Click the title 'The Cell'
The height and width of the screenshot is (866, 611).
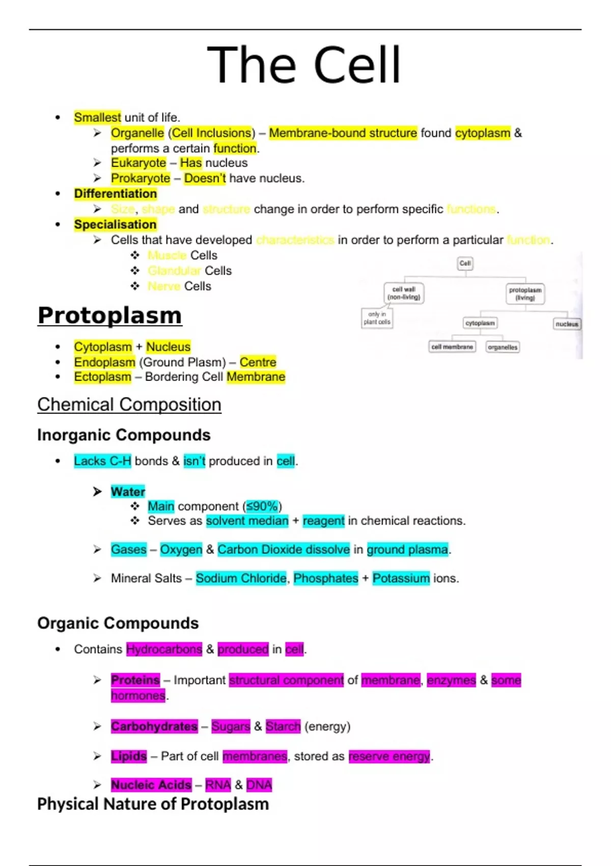304,65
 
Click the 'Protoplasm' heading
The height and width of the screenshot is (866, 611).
109,315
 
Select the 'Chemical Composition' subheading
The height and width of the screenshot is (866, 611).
129,404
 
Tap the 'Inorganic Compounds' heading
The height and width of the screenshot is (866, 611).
124,435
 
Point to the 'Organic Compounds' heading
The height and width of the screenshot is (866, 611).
118,623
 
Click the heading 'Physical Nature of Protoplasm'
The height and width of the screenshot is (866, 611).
153,804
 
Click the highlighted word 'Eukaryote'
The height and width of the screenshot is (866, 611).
138,163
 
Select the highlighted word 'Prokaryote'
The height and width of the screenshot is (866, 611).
141,178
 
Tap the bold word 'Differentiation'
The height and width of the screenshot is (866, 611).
115,194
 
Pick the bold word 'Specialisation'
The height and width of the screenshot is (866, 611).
115,225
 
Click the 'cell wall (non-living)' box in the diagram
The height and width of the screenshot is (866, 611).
404,293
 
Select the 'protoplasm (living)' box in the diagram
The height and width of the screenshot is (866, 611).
525,294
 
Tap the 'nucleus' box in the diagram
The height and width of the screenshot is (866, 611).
567,324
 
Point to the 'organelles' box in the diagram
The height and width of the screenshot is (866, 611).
503,347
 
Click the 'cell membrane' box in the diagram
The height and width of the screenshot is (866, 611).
452,347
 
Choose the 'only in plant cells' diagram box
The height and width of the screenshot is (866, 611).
377,318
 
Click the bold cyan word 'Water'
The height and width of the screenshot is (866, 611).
128,492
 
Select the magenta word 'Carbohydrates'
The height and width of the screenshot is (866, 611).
154,726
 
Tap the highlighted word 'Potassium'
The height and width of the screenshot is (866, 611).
401,578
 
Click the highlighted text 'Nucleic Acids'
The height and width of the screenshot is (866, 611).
151,785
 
